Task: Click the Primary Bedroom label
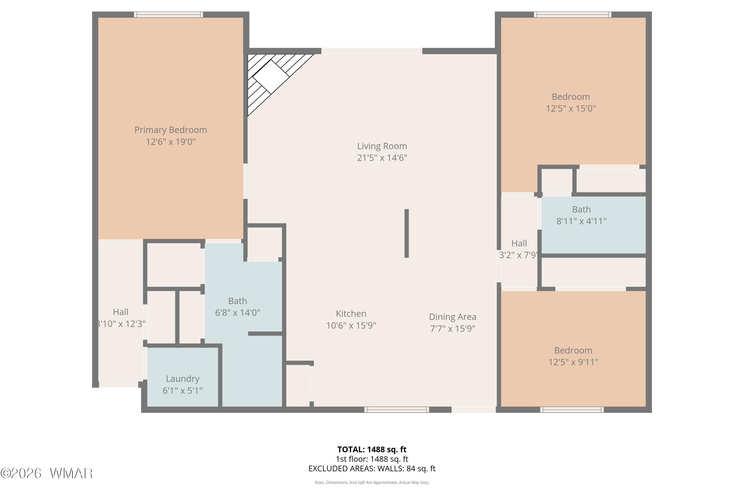[x=171, y=130]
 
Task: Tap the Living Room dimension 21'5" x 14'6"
[x=382, y=157]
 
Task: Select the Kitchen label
[x=351, y=313]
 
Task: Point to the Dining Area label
[x=452, y=317]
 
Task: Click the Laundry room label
[x=183, y=379]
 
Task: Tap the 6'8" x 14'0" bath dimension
[x=238, y=312]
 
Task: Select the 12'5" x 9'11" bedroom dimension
[x=573, y=362]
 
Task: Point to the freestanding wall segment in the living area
[x=406, y=233]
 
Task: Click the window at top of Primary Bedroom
[x=168, y=15]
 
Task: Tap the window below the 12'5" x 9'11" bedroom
[x=572, y=410]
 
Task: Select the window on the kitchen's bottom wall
[x=397, y=410]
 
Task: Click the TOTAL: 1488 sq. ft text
[x=372, y=449]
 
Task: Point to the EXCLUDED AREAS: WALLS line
[x=372, y=468]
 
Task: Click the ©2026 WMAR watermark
[x=47, y=473]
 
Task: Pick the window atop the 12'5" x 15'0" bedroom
[x=573, y=15]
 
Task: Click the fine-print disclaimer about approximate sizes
[x=372, y=482]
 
